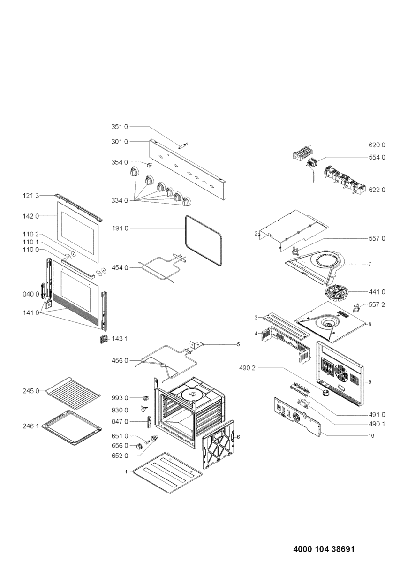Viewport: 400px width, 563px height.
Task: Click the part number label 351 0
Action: pyautogui.click(x=120, y=127)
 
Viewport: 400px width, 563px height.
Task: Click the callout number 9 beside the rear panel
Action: pyautogui.click(x=370, y=382)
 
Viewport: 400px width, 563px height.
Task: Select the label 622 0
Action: pyautogui.click(x=377, y=190)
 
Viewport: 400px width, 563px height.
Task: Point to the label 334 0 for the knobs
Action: pyautogui.click(x=120, y=200)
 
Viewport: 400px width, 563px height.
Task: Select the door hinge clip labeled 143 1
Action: pyautogui.click(x=103, y=339)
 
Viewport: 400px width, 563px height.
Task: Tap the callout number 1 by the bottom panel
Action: pyautogui.click(x=126, y=471)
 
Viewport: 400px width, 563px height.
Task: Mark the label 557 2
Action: pyautogui.click(x=377, y=304)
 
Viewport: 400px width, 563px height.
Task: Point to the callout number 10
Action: pyautogui.click(x=370, y=436)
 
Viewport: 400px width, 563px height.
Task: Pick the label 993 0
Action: pyautogui.click(x=120, y=398)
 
